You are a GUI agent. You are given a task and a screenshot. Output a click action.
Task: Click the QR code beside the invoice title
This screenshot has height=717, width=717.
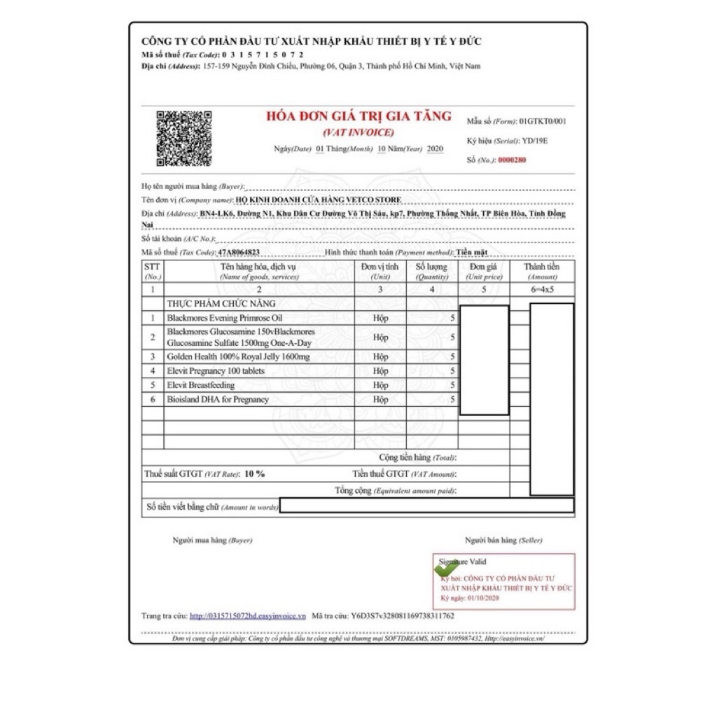click(x=184, y=138)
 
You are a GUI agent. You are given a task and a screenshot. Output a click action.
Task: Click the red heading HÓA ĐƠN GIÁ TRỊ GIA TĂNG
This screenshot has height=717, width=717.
click(x=358, y=117)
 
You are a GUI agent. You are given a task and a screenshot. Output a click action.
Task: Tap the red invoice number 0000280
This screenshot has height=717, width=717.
click(x=512, y=160)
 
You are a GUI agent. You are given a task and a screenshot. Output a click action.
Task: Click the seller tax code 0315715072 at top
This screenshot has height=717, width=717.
click(x=263, y=55)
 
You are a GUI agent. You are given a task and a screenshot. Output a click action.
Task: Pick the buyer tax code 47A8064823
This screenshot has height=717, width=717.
click(x=239, y=252)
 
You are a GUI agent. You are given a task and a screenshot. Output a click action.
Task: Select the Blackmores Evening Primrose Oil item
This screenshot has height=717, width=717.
click(x=225, y=318)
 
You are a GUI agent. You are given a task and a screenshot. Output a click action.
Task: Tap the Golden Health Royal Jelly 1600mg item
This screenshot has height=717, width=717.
click(x=238, y=356)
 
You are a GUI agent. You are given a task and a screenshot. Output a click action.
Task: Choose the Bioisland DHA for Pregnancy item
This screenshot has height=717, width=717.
click(x=218, y=399)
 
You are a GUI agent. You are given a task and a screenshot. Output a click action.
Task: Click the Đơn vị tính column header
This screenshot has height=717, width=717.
click(x=380, y=271)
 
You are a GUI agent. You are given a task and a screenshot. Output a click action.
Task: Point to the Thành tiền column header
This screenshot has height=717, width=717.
click(x=542, y=271)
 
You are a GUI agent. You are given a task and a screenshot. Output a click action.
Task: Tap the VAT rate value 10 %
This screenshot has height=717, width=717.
click(x=254, y=474)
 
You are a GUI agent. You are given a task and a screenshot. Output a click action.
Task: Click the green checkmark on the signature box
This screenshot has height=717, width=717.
click(x=445, y=569)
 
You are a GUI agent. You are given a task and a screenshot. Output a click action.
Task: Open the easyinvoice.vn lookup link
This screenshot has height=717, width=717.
click(x=247, y=616)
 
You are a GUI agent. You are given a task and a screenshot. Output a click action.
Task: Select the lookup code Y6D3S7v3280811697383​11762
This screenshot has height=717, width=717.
click(x=403, y=616)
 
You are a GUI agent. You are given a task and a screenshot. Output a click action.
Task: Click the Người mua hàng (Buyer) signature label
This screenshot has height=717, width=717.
click(x=212, y=540)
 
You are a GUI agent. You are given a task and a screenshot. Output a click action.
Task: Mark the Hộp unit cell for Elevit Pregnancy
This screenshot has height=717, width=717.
click(x=380, y=371)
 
